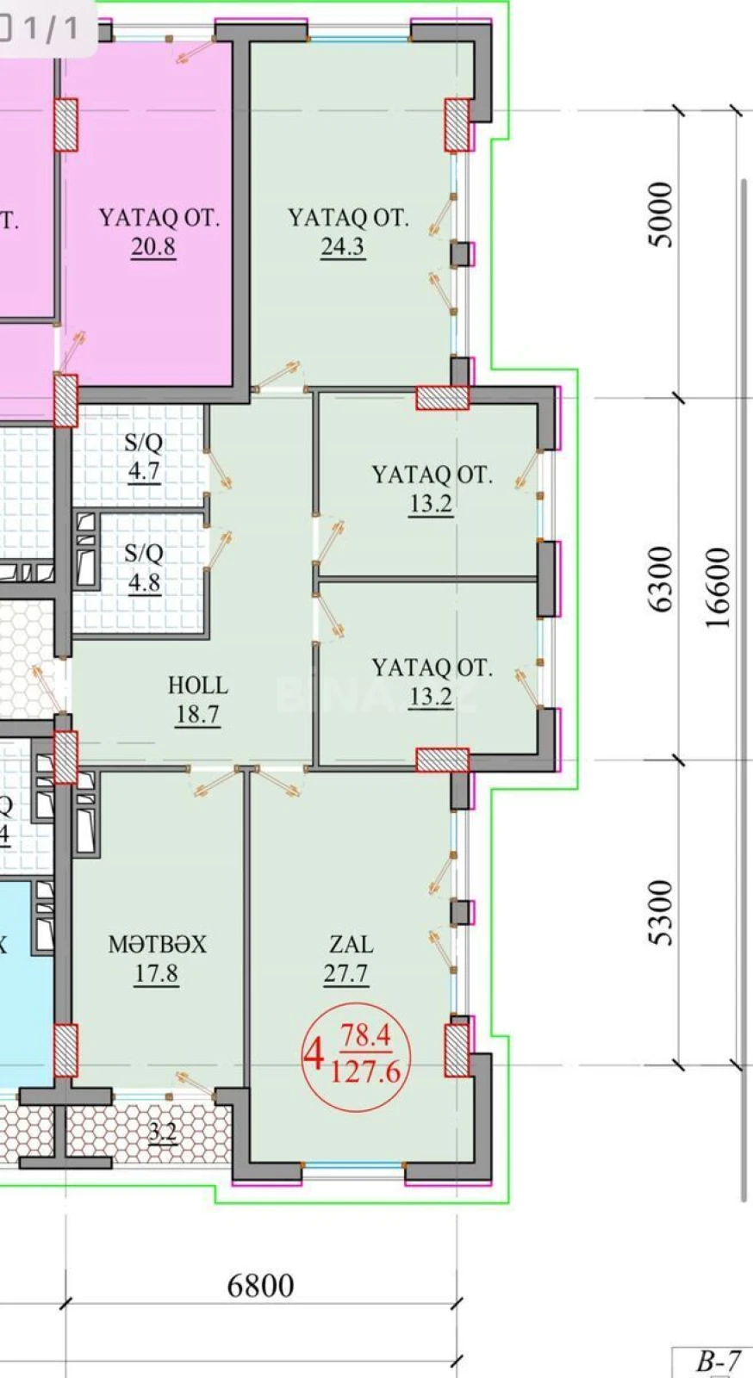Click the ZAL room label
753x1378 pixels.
click(x=352, y=945)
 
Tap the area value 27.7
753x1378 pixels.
click(x=346, y=974)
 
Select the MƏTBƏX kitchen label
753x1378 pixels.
click(x=157, y=945)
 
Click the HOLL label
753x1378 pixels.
click(x=197, y=686)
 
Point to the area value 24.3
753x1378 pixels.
click(x=343, y=247)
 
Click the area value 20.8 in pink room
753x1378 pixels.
click(x=153, y=247)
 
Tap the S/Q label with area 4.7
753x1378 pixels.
click(x=143, y=443)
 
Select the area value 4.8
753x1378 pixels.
click(x=144, y=582)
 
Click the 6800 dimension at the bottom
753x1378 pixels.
click(x=260, y=1286)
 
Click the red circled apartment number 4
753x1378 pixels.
click(x=314, y=1052)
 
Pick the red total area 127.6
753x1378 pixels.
click(x=366, y=1072)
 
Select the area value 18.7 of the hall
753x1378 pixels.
click(x=197, y=715)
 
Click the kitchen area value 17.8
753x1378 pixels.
click(x=156, y=974)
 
